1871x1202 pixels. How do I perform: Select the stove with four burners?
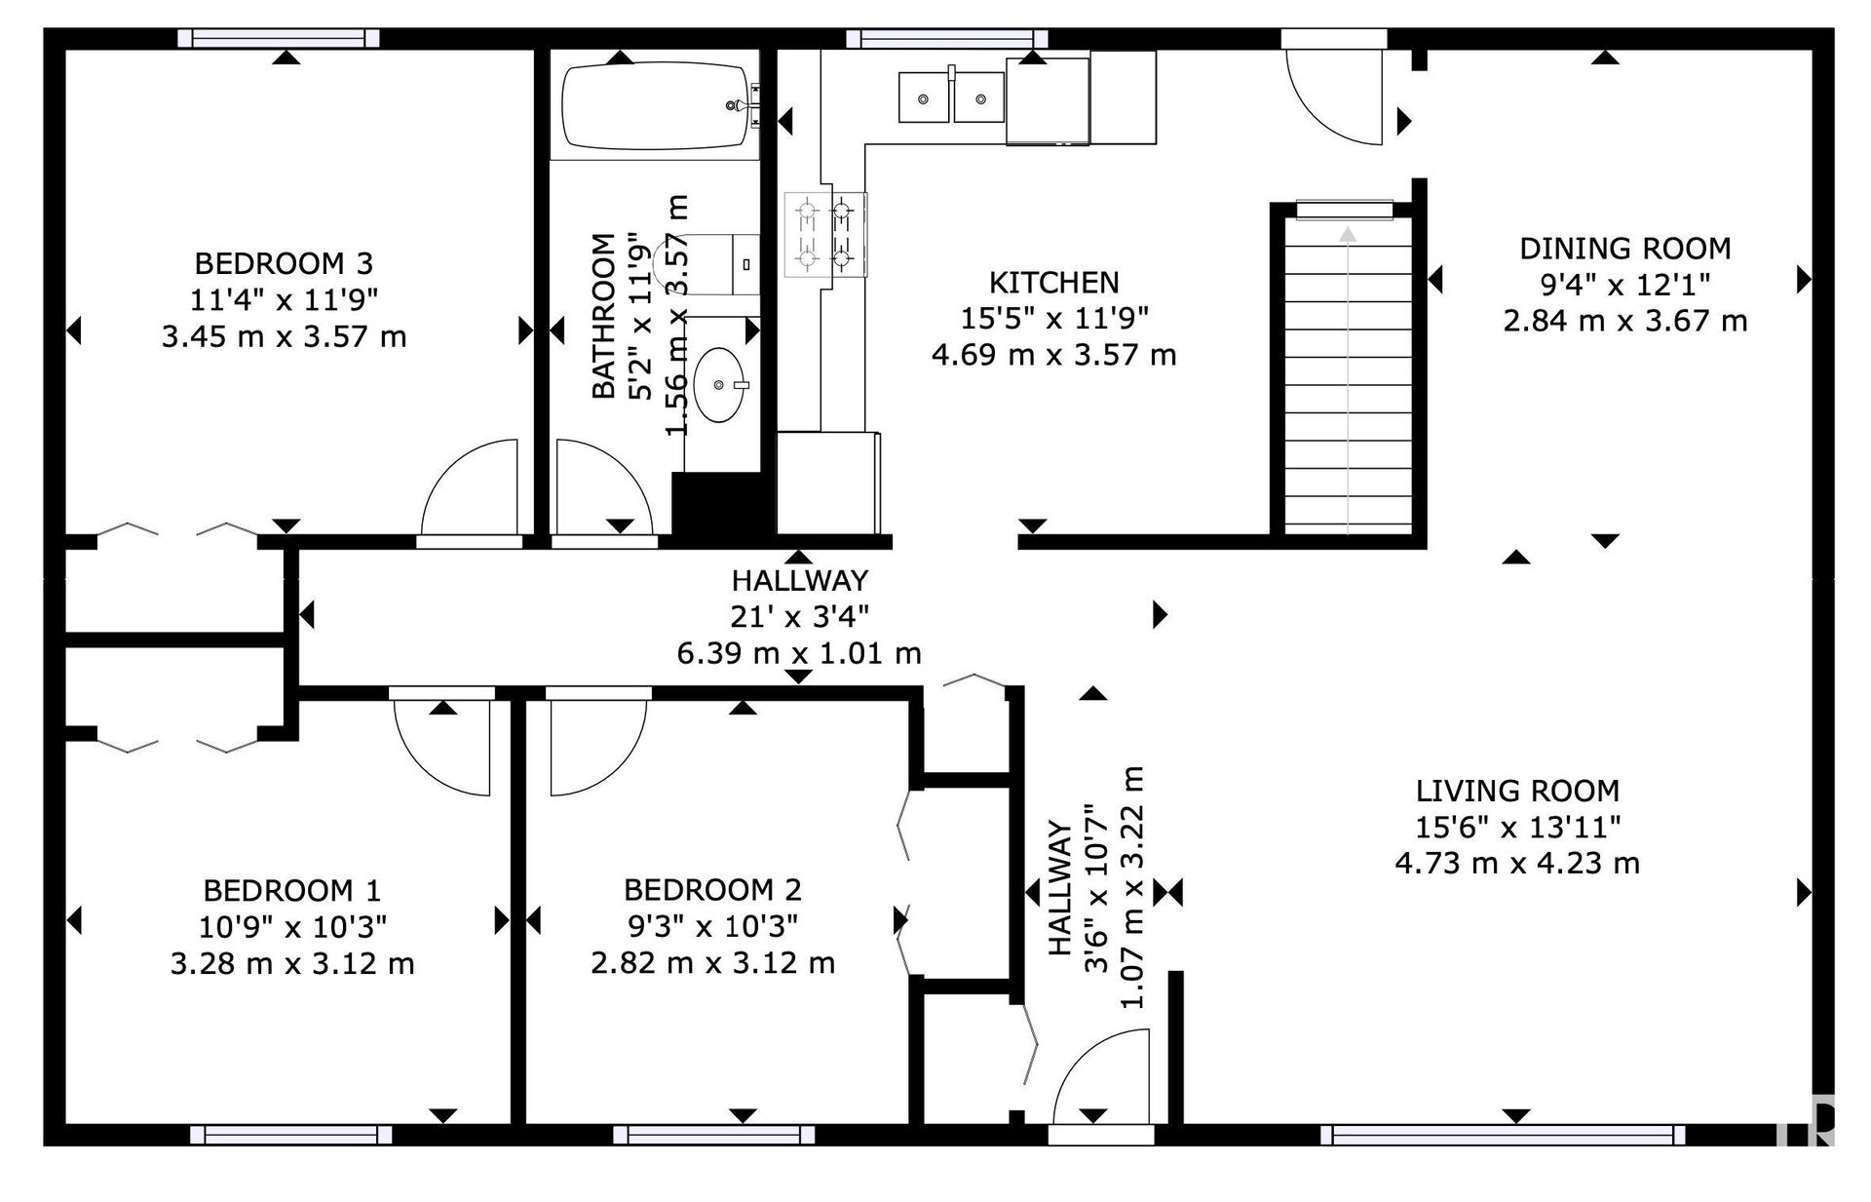tap(825, 234)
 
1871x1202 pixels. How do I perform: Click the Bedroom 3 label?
tap(284, 263)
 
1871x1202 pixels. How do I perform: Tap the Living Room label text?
tap(1517, 790)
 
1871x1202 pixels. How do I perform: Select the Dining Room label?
tap(1624, 248)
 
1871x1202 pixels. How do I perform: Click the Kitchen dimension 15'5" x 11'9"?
tap(1053, 318)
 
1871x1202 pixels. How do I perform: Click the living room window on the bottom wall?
tap(1503, 1134)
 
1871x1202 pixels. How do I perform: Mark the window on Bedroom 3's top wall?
tap(279, 38)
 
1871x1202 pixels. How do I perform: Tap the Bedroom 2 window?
tap(714, 1134)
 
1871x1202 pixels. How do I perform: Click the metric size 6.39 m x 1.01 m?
tap(799, 652)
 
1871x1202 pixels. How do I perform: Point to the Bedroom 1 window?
tap(290, 1134)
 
